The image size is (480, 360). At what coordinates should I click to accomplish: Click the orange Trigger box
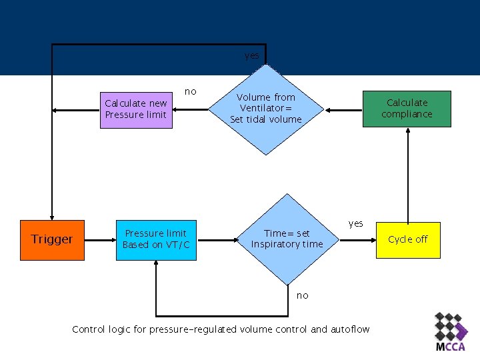tap(52, 239)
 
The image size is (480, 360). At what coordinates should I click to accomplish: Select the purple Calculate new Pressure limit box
tap(135, 109)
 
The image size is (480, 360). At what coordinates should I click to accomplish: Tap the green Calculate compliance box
tap(407, 109)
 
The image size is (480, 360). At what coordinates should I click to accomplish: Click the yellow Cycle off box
tap(408, 239)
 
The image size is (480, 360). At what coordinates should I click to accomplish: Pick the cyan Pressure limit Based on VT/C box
tap(156, 239)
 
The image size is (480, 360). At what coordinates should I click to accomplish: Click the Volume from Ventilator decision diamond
tap(266, 108)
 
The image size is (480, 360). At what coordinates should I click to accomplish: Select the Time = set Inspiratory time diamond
tap(286, 239)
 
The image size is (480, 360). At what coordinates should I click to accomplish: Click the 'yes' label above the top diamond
tap(252, 56)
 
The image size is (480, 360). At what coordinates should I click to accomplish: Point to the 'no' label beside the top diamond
tap(191, 91)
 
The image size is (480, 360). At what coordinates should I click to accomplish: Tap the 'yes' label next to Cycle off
tap(356, 223)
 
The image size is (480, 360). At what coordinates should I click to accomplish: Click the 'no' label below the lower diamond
tap(303, 295)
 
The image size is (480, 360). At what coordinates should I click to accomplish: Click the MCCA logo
tap(450, 332)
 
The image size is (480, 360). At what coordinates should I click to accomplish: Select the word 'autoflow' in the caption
tap(350, 329)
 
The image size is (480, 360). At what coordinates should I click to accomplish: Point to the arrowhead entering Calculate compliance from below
tap(407, 131)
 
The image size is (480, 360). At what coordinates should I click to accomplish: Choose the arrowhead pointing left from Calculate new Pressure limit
tap(57, 109)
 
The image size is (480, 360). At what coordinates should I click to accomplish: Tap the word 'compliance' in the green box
tap(407, 114)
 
